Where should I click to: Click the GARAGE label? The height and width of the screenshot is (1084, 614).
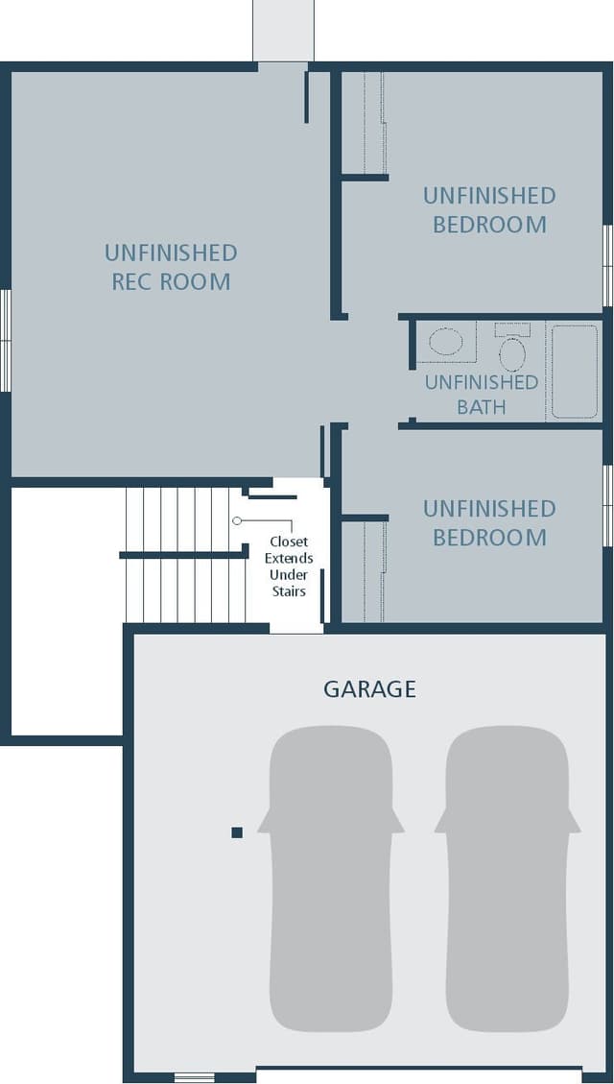point(369,689)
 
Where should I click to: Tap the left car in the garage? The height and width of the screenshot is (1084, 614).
point(331,879)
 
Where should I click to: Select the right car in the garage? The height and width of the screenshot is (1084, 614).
point(507,879)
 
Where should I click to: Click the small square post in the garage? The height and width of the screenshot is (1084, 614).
point(237,832)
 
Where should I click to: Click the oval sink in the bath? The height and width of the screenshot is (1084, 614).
point(445,342)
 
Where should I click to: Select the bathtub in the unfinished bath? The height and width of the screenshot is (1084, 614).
point(575,372)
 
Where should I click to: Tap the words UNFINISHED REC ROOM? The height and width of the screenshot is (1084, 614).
point(171,267)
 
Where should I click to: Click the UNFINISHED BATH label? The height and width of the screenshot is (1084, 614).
point(482,394)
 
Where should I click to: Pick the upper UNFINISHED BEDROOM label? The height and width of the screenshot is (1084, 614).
point(489,210)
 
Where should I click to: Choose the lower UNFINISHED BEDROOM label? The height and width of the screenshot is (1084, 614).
point(489,522)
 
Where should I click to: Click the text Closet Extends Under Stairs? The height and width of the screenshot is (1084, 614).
point(289,566)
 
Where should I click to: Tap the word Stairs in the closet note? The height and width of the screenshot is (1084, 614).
point(289,591)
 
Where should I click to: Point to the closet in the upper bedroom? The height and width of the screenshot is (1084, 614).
point(364,122)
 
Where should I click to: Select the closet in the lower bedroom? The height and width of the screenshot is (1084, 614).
point(364,571)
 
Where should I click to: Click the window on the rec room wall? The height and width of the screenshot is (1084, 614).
point(6,340)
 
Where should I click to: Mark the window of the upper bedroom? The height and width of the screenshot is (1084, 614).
point(608,266)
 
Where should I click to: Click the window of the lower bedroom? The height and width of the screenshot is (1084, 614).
point(608,505)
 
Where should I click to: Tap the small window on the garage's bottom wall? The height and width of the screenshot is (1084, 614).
point(194,1077)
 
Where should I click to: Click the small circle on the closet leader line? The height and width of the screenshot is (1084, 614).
point(237,520)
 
